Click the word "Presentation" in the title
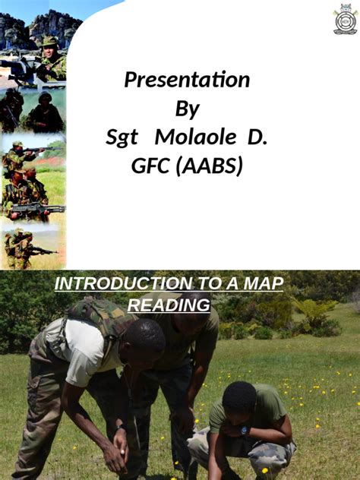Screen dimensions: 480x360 [x=187, y=80]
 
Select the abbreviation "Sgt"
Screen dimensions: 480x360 [x=122, y=137]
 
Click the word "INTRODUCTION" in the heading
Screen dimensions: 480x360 [x=112, y=284]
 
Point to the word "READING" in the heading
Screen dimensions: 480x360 [x=169, y=305]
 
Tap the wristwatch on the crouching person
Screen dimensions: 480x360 [x=245, y=429]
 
